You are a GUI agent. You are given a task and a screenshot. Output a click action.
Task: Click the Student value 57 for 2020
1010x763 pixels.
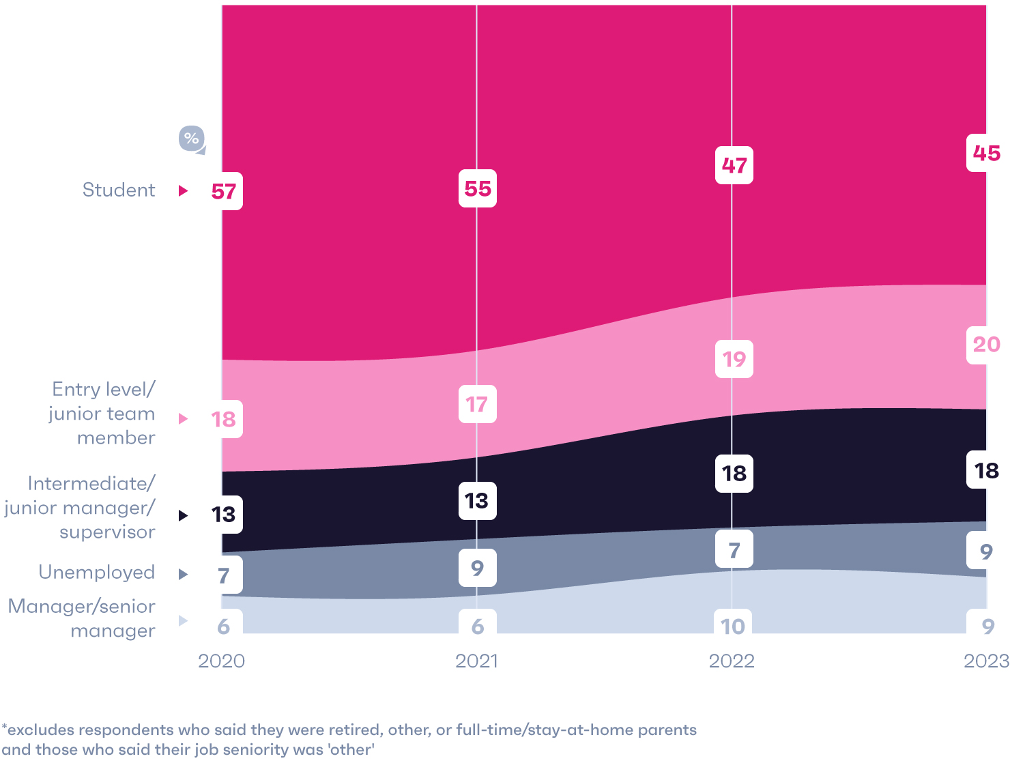coord(224,192)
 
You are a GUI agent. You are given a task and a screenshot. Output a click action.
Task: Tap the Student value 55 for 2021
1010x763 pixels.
coord(477,188)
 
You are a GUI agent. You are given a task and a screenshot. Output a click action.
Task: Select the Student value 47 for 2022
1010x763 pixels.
coord(734,165)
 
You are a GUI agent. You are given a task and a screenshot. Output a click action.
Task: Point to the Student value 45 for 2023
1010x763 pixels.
coord(986,154)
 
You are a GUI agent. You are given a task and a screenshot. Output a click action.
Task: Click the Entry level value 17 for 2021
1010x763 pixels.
coord(477,404)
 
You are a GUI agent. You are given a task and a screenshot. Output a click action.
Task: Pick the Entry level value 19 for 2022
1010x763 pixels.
coord(734,359)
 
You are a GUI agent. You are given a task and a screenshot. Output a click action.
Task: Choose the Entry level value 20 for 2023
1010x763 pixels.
coord(986,345)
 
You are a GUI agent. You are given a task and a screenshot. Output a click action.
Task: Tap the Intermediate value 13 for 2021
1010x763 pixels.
coord(477,501)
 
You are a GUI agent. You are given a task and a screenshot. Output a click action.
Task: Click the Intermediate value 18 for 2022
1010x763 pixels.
coord(734,473)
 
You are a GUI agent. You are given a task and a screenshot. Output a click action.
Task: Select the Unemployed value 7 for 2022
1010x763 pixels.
coord(734,549)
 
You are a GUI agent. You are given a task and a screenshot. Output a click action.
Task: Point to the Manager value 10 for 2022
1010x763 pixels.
coord(734,626)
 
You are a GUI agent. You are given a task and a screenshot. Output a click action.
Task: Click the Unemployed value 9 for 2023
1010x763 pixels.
coord(986,551)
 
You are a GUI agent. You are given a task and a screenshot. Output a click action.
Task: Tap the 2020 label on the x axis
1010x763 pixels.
coord(221,661)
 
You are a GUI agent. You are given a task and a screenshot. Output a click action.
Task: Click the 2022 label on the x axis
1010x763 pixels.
coord(732,661)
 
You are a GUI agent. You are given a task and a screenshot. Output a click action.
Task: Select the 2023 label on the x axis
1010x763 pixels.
coord(986,661)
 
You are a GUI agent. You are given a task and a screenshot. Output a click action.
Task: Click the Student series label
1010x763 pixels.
coord(119,190)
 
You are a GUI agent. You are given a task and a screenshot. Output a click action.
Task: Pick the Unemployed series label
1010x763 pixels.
coord(97,572)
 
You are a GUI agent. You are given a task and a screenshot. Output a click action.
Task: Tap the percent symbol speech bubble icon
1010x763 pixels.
coord(192,139)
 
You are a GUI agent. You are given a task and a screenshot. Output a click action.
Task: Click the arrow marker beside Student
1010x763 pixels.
coord(183,190)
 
